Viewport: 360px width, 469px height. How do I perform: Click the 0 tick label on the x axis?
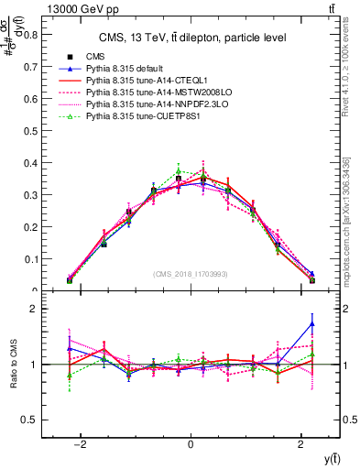coord(191,444)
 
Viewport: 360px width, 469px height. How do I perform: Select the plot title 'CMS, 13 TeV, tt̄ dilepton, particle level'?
coord(191,38)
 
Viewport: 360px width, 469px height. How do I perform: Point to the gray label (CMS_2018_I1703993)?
coord(191,274)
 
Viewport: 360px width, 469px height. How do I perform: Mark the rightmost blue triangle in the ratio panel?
coord(312,323)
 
